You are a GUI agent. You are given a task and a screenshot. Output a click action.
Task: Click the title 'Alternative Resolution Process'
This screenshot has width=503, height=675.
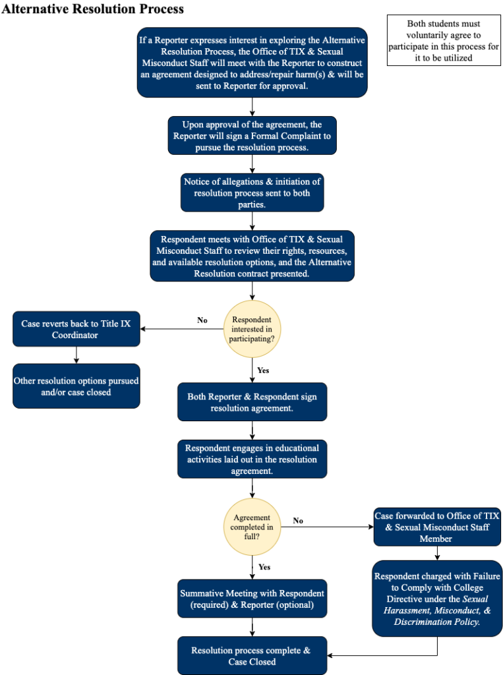93,9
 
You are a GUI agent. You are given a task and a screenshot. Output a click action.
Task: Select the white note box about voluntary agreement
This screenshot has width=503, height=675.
444,41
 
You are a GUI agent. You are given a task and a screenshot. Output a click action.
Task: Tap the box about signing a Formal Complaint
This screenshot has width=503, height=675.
252,136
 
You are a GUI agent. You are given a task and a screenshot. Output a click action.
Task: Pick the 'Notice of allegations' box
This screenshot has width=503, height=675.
252,193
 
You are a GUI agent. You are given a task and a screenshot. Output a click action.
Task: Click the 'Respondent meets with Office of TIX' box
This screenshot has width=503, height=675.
252,256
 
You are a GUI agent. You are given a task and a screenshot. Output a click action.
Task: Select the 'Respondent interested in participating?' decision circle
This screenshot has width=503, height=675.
252,328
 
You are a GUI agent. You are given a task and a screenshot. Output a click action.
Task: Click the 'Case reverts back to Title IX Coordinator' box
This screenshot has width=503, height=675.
76,329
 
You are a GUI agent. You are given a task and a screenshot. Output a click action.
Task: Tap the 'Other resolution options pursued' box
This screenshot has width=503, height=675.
76,386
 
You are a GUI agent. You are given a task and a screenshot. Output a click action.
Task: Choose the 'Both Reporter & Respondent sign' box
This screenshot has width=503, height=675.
252,402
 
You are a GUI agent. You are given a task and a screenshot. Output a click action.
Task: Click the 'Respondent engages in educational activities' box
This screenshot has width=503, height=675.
252,459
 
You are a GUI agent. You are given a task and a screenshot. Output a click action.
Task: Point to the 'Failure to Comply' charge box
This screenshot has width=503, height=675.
437,599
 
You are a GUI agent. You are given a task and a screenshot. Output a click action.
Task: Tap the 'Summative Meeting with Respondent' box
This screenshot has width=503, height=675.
252,599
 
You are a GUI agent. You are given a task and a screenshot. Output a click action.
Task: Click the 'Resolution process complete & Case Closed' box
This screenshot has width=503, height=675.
252,656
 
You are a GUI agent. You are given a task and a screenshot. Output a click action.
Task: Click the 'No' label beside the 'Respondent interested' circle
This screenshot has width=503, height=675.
202,320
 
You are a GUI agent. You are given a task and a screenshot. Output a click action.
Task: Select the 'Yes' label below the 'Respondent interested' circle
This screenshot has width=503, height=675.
263,370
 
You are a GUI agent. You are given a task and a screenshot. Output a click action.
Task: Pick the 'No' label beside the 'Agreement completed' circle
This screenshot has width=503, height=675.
298,521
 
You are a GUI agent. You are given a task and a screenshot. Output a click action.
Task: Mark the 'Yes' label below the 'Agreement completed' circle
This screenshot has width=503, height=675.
264,567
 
